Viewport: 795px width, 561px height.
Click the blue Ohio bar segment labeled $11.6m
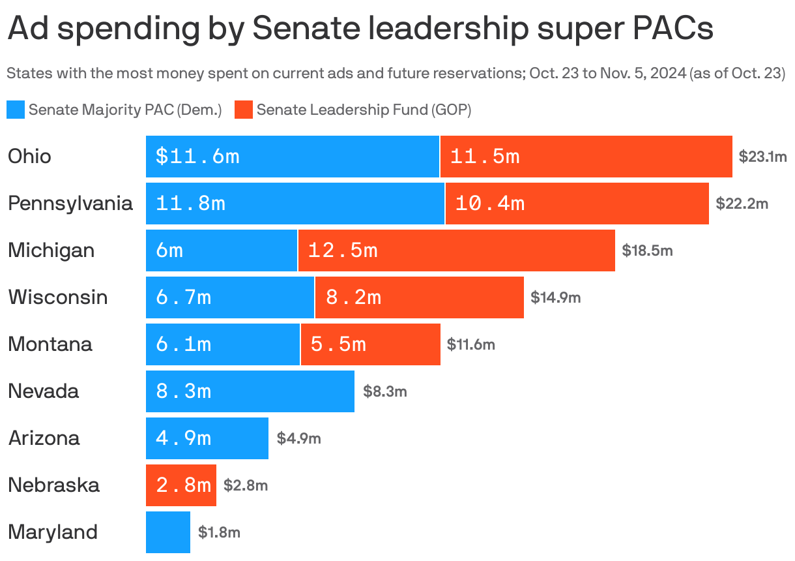[x=293, y=157]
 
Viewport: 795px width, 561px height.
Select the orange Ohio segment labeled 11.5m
[x=586, y=157]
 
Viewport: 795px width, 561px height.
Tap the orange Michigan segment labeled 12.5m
[x=456, y=250]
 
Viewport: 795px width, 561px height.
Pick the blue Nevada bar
[x=250, y=391]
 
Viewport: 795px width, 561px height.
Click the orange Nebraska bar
[x=181, y=485]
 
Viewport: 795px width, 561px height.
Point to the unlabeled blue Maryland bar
[x=168, y=532]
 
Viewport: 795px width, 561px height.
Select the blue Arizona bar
[x=207, y=438]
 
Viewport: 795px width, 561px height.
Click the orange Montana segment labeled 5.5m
[x=370, y=344]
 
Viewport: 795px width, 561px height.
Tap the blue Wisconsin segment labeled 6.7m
[x=230, y=297]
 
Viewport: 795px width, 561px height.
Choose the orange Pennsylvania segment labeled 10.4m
[x=577, y=204]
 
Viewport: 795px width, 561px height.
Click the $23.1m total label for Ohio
[x=762, y=157]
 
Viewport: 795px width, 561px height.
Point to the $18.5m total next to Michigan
[x=647, y=250]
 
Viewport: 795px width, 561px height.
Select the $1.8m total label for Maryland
[x=220, y=532]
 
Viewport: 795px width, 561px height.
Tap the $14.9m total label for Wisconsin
[x=555, y=297]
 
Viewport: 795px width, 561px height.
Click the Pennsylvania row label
[x=70, y=204]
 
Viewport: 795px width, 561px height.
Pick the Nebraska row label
[x=53, y=485]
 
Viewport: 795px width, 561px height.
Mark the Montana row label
[x=50, y=344]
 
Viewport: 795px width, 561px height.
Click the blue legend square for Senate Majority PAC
[x=16, y=110]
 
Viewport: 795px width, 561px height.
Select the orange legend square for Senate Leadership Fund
[x=244, y=110]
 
